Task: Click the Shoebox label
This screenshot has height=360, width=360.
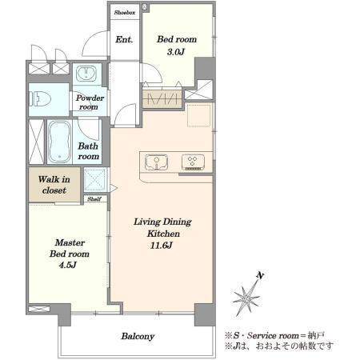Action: pyautogui.click(x=125, y=12)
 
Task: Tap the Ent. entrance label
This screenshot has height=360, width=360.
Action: pyautogui.click(x=124, y=40)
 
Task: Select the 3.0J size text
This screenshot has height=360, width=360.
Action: pyautogui.click(x=176, y=52)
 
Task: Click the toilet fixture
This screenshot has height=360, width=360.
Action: pyautogui.click(x=40, y=99)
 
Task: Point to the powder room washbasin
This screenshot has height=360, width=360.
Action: pyautogui.click(x=86, y=74)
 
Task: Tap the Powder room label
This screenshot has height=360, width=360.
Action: pyautogui.click(x=90, y=102)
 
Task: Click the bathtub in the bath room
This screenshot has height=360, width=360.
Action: pyautogui.click(x=59, y=142)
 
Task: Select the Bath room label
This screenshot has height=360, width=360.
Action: pyautogui.click(x=88, y=151)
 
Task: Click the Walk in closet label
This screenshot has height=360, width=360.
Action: pyautogui.click(x=54, y=185)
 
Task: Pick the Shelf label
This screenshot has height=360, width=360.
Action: pyautogui.click(x=94, y=199)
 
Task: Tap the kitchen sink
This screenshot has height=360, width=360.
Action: pyautogui.click(x=156, y=162)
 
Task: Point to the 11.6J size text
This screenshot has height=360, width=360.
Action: pyautogui.click(x=162, y=245)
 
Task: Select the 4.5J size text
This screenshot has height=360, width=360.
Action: pyautogui.click(x=68, y=265)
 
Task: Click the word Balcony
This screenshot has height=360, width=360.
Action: pyautogui.click(x=138, y=336)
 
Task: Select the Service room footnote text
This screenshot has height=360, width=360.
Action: pyautogui.click(x=274, y=335)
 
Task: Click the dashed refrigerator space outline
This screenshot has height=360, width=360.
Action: pyautogui.click(x=198, y=116)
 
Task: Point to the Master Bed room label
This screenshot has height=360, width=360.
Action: pyautogui.click(x=70, y=248)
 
